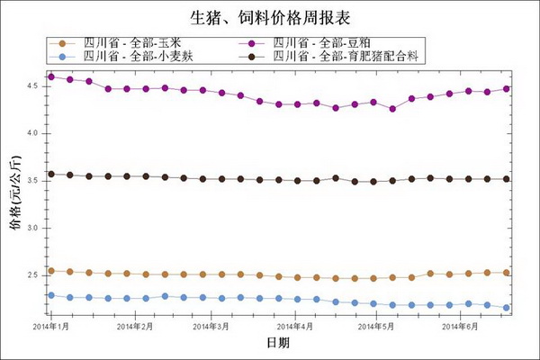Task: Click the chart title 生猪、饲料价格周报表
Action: pyautogui.click(x=270, y=17)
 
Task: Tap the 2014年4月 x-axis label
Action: pyautogui.click(x=295, y=325)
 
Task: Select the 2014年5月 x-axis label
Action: pyautogui.click(x=376, y=325)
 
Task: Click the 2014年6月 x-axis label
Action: pyautogui.click(x=460, y=325)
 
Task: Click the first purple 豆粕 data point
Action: pyautogui.click(x=51, y=76)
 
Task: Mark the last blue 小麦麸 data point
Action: pyautogui.click(x=507, y=308)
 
